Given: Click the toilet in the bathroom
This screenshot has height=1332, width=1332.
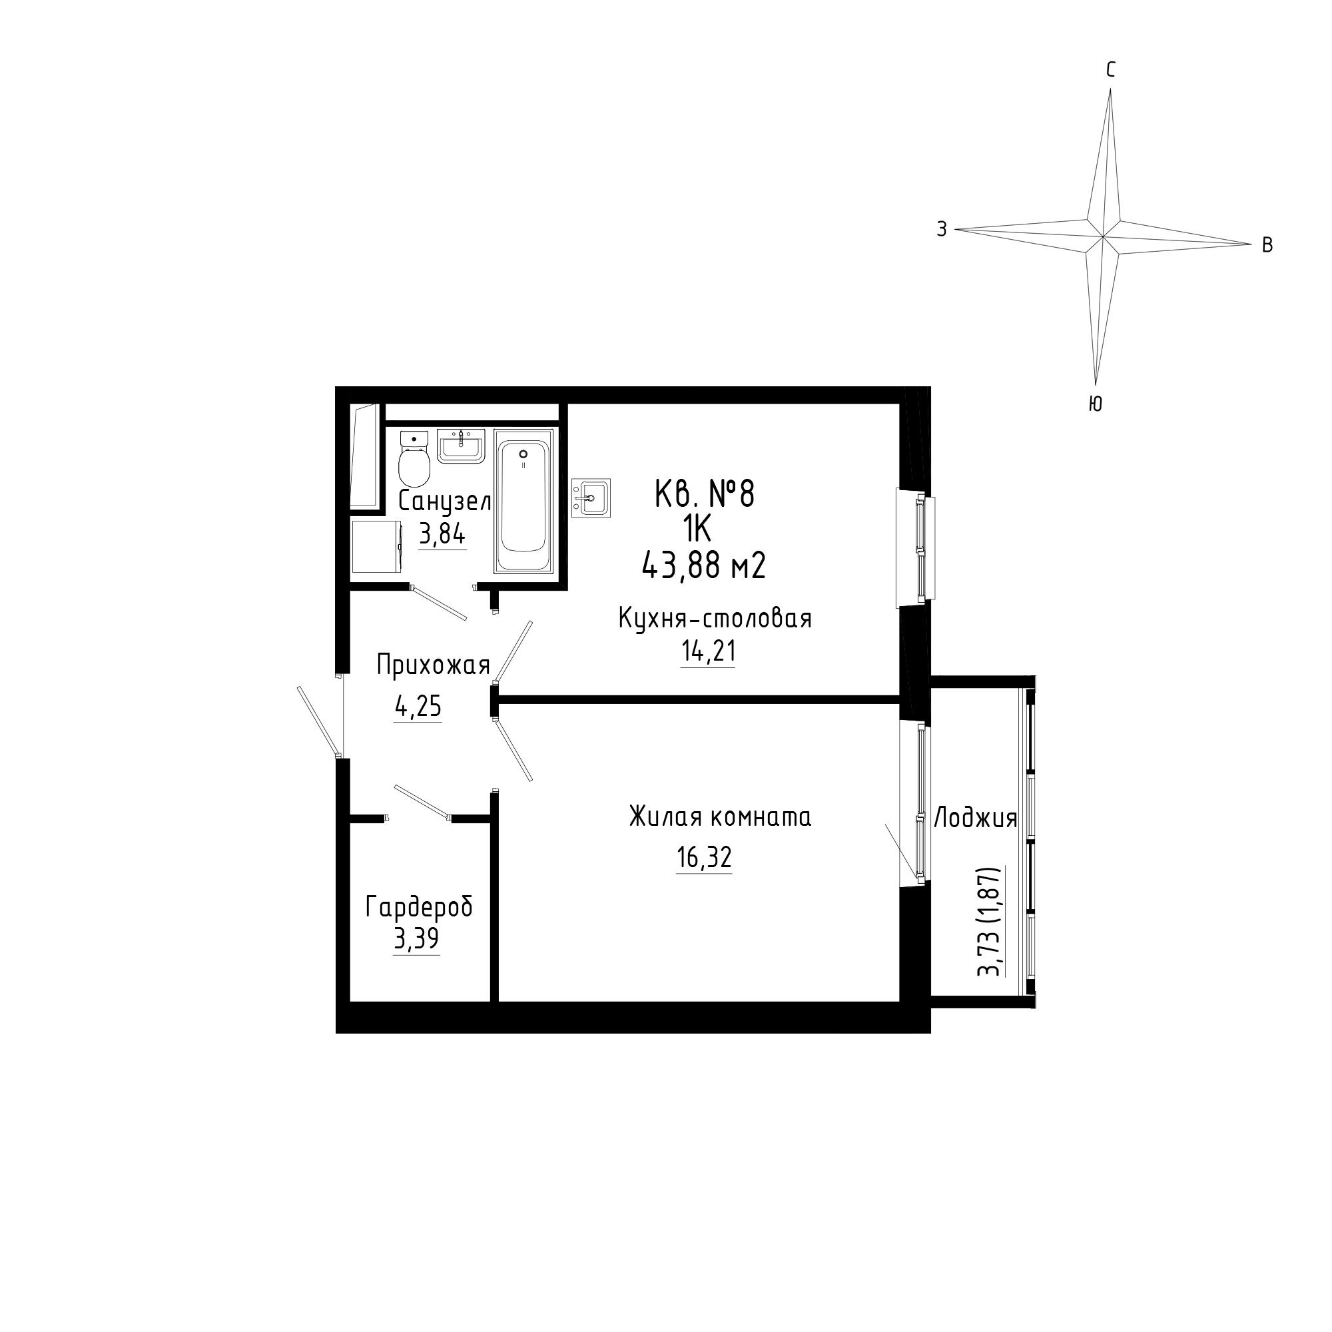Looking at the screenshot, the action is tap(414, 458).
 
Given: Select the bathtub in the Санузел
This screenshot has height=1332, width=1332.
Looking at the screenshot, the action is tap(523, 501).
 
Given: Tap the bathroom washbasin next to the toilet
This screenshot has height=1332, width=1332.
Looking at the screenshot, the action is tap(462, 446).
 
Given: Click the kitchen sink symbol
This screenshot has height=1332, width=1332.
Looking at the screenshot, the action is tap(591, 497).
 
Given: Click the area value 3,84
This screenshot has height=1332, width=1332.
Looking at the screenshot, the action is tap(443, 534).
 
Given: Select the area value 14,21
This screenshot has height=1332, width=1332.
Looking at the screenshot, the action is tap(708, 651).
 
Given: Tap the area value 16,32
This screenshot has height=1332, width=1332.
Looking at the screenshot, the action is tap(704, 858).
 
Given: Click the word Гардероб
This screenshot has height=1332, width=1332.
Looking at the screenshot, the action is tap(419, 907).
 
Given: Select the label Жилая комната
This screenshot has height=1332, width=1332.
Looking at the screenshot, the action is tap(720, 817).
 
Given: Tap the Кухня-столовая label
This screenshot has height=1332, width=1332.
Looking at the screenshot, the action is tap(715, 619).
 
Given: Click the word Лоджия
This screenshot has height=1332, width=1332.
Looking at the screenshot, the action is tap(976, 819).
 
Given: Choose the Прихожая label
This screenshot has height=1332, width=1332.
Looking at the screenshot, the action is tap(433, 666).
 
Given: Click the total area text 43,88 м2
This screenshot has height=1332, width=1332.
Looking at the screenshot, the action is tap(703, 567).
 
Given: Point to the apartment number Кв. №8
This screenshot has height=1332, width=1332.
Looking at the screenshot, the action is tap(705, 494).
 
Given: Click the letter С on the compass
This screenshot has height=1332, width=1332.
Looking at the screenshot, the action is tap(1111, 70).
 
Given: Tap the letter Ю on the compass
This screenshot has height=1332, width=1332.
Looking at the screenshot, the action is tap(1096, 405).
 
